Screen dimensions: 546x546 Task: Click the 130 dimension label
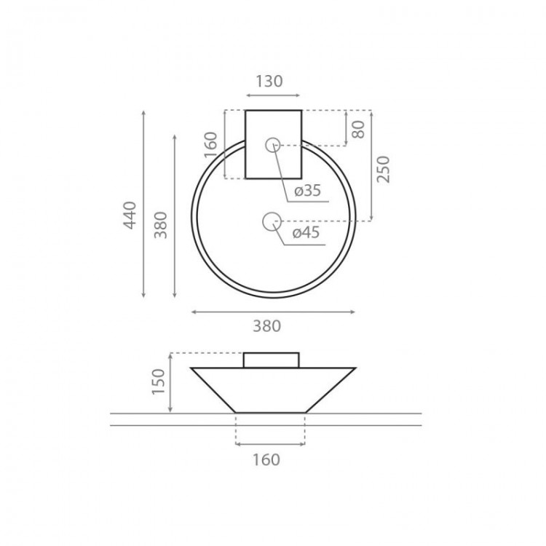269,81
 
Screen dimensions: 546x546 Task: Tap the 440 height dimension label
130,215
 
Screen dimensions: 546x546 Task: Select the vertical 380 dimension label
161,225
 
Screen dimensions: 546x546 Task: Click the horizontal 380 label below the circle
266,326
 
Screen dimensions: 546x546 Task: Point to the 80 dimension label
358,129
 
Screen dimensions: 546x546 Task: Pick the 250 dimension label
383,169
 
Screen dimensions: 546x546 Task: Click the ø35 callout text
307,191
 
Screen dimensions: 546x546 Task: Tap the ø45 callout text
306,233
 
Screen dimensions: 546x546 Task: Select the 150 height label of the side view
158,381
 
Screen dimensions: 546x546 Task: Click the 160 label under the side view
266,459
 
